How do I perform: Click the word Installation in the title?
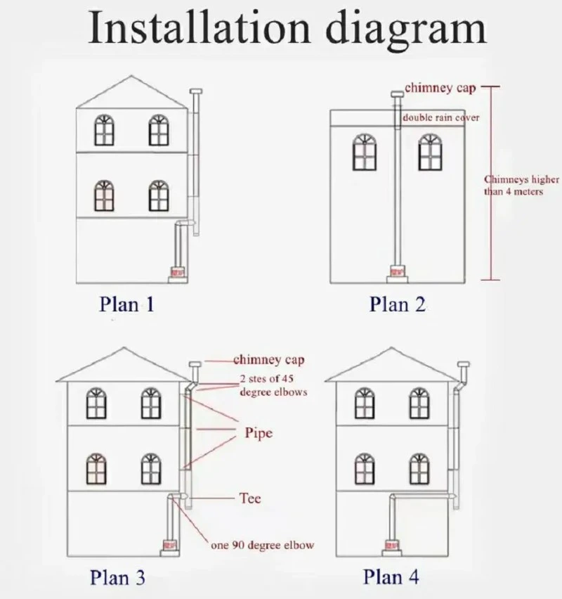click(x=199, y=27)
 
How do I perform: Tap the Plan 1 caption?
click(x=126, y=304)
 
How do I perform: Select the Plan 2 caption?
click(x=398, y=304)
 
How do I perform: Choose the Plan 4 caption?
click(x=391, y=577)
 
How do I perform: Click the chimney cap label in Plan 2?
click(x=440, y=88)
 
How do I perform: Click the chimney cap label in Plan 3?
click(x=269, y=360)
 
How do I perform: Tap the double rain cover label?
click(x=441, y=117)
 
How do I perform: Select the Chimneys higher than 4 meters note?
click(x=521, y=186)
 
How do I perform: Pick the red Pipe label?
click(x=259, y=433)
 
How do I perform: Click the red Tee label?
click(x=250, y=498)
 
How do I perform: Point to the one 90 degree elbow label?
click(x=262, y=545)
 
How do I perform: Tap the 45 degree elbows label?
click(x=273, y=385)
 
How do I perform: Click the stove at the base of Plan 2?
click(x=397, y=272)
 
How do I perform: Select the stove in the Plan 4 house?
click(x=392, y=545)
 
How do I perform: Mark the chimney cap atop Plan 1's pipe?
click(x=196, y=91)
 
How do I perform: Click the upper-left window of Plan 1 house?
click(x=104, y=130)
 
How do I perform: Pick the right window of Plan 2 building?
click(x=430, y=152)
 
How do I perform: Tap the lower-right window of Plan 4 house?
click(x=419, y=469)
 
